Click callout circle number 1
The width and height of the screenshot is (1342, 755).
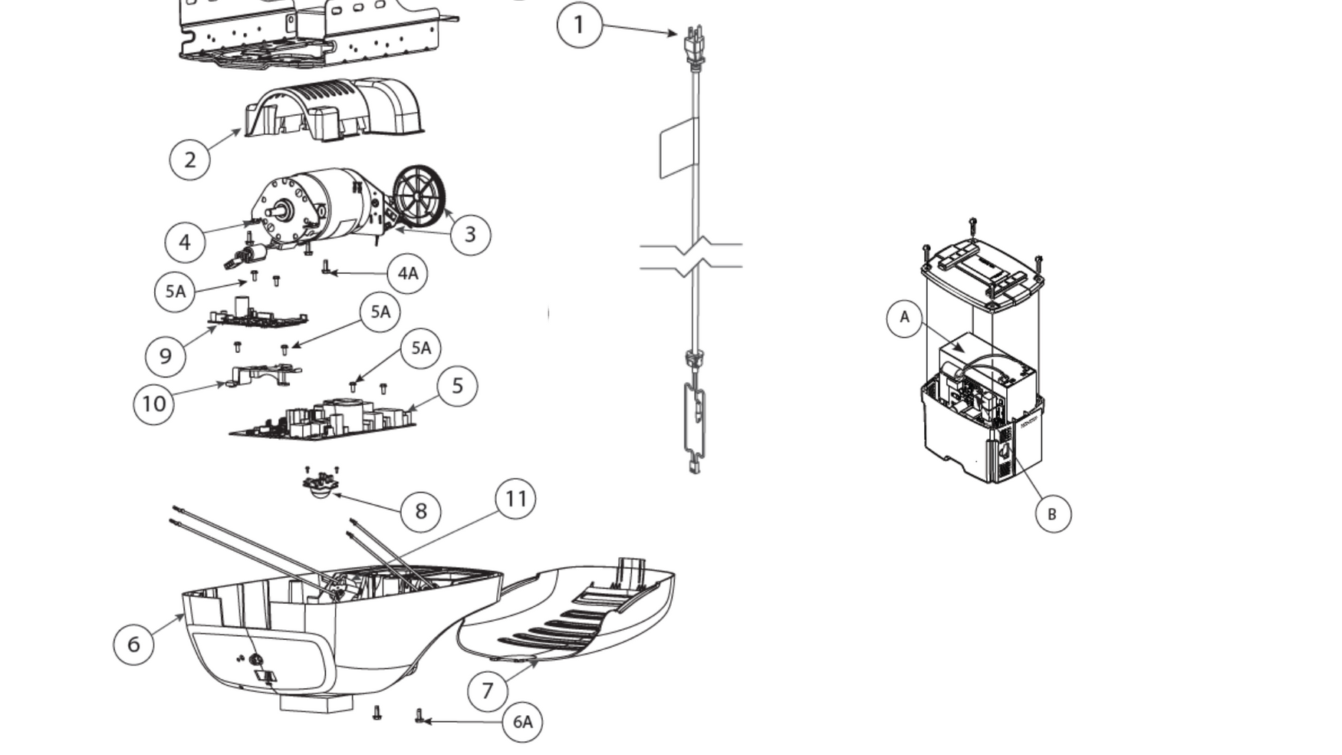pyautogui.click(x=579, y=25)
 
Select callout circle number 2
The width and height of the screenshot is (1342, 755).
pyautogui.click(x=189, y=160)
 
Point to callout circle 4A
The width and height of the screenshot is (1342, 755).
pyautogui.click(x=407, y=273)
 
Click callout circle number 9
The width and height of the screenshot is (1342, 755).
pyautogui.click(x=166, y=356)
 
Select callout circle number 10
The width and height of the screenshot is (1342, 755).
pyautogui.click(x=153, y=404)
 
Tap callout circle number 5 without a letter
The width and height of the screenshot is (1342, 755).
pyautogui.click(x=457, y=386)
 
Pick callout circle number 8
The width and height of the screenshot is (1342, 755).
pyautogui.click(x=420, y=511)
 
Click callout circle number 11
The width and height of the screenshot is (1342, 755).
pyautogui.click(x=515, y=499)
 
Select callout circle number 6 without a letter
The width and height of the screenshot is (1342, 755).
pyautogui.click(x=133, y=644)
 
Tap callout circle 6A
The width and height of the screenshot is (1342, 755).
pyautogui.click(x=522, y=722)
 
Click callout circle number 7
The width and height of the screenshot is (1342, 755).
pyautogui.click(x=488, y=691)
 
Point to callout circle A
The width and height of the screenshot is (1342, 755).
pyautogui.click(x=905, y=318)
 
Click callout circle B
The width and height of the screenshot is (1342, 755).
pyautogui.click(x=1052, y=514)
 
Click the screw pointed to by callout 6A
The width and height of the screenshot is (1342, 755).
pyautogui.click(x=419, y=717)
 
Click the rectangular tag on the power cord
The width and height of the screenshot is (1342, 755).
pyautogui.click(x=679, y=148)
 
